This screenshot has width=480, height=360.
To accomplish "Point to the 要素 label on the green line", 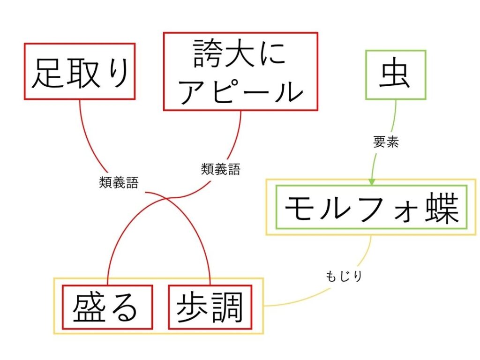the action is (x=386, y=142).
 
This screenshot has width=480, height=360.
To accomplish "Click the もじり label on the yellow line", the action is (x=344, y=276).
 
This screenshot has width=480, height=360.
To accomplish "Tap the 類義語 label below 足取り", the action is (x=119, y=182).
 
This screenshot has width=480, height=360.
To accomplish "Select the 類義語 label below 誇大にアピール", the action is (x=221, y=169).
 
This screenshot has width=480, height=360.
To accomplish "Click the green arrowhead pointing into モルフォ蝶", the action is (x=372, y=182).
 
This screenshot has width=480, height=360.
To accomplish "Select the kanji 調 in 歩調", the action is (x=228, y=307).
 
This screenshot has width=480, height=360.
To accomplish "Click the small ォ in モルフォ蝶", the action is (x=405, y=213).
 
